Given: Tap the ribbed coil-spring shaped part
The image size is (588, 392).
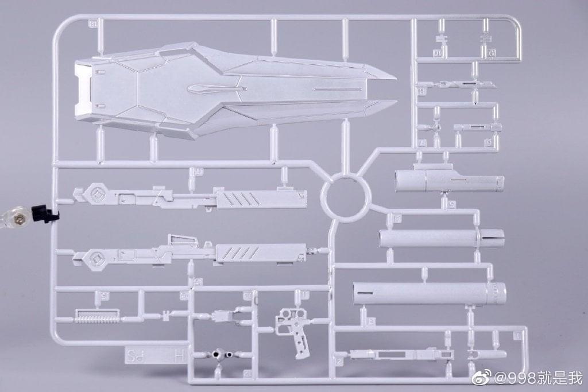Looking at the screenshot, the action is tap(97, 315).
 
